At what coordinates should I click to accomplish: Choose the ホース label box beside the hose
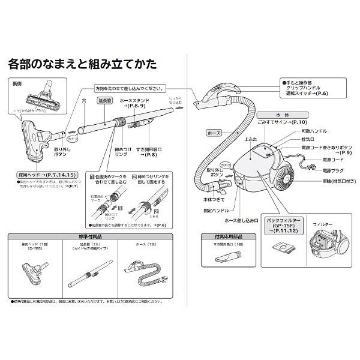213,130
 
